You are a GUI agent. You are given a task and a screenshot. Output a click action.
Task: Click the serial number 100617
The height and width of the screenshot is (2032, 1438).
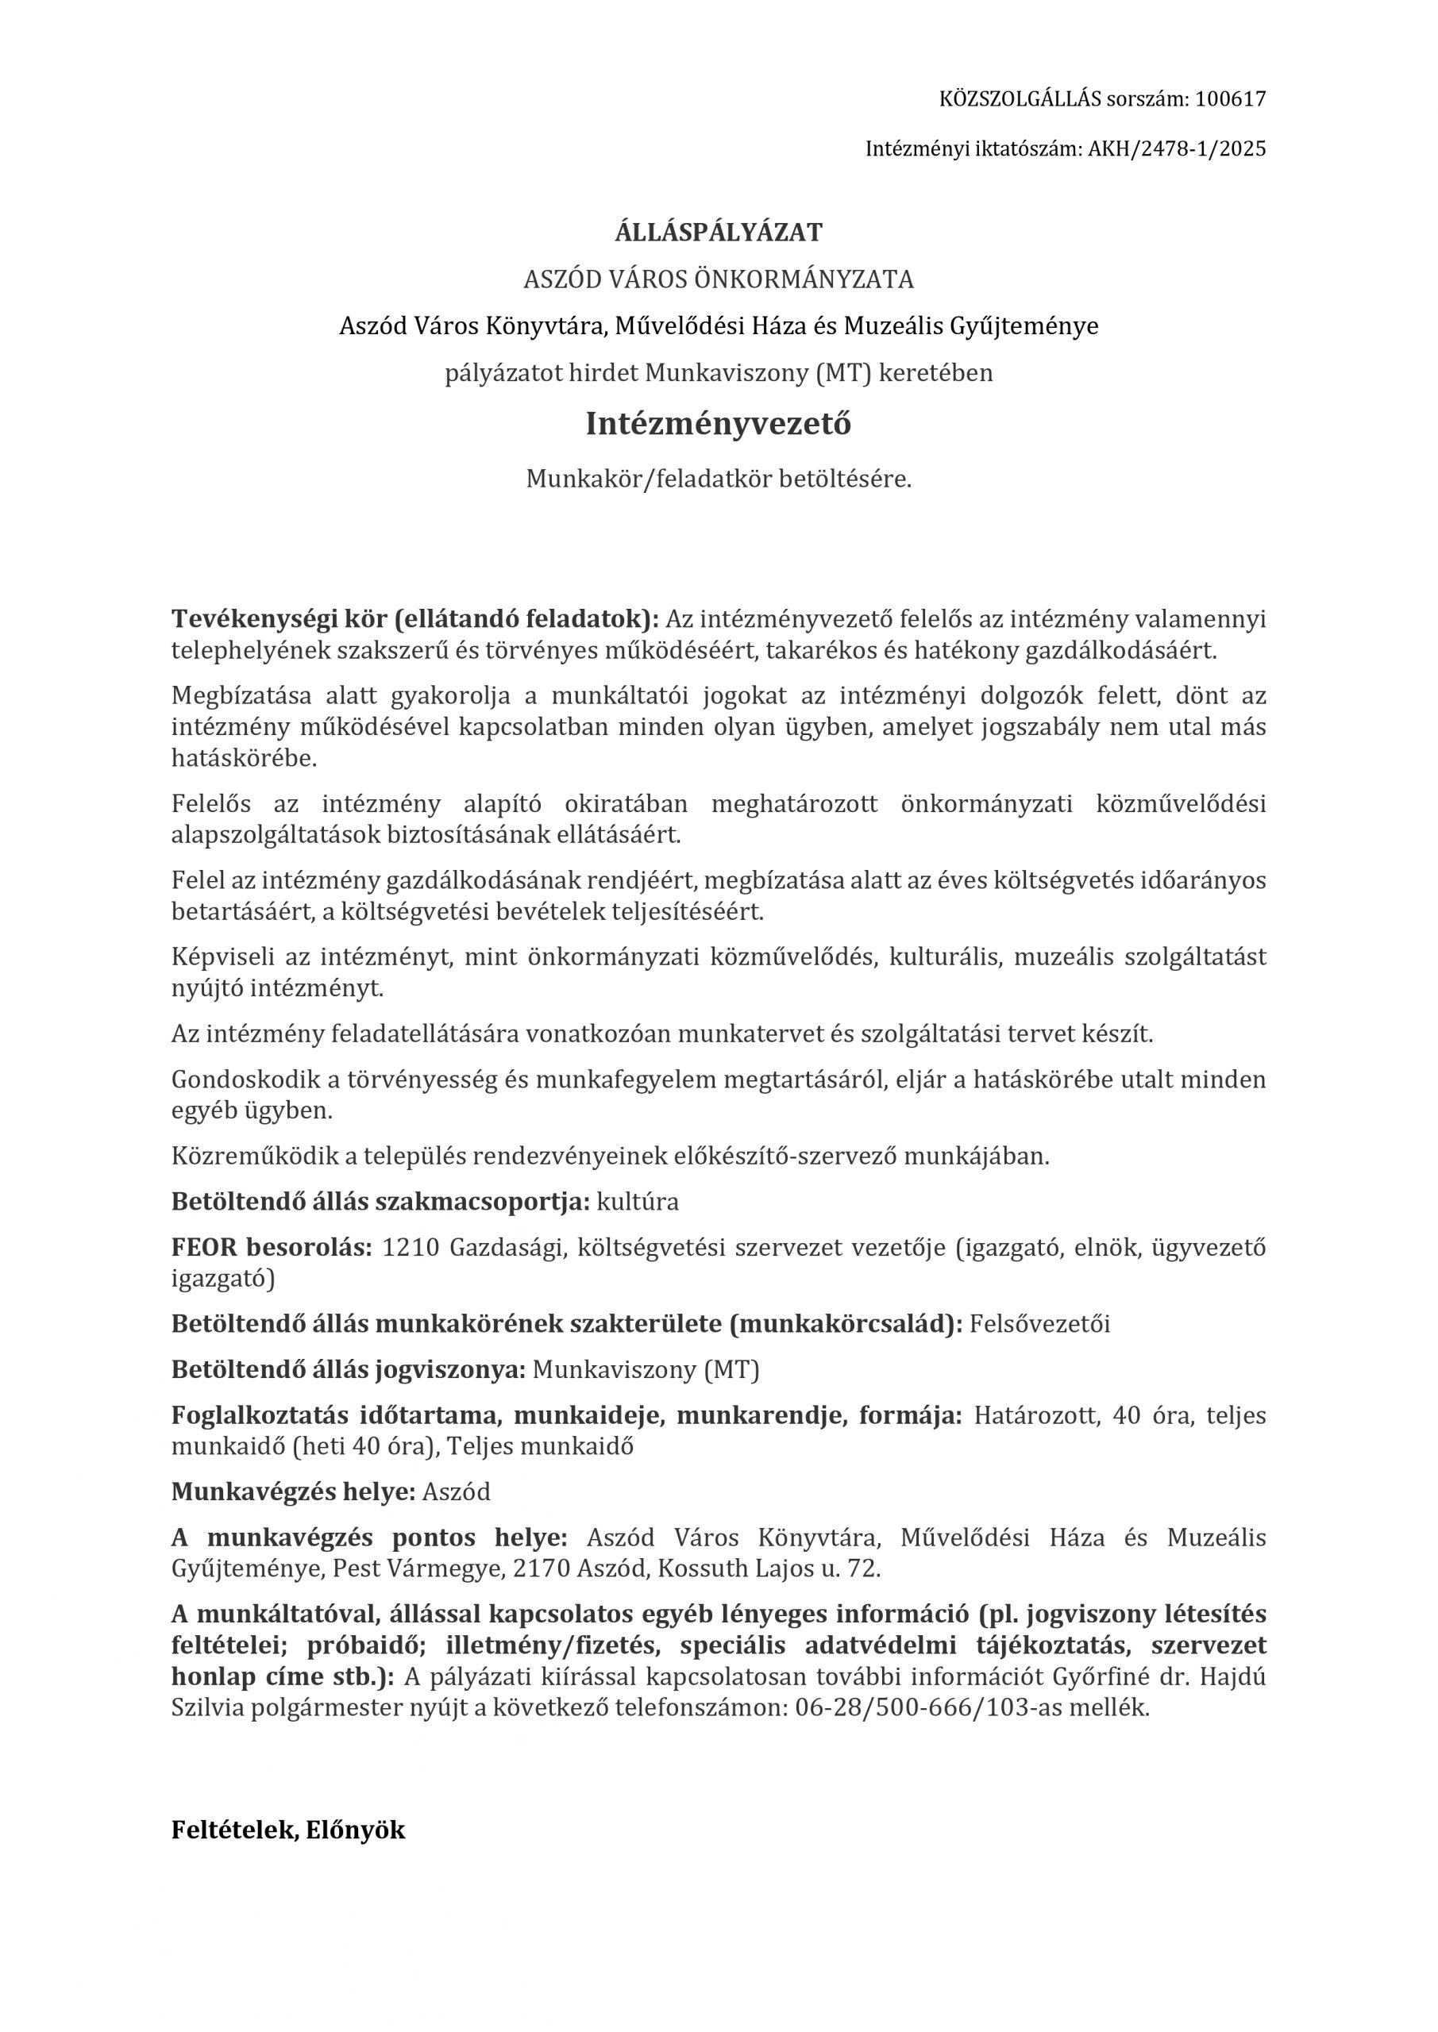click(1230, 99)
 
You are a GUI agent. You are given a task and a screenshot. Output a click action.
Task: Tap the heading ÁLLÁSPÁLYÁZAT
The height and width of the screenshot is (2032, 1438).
click(718, 233)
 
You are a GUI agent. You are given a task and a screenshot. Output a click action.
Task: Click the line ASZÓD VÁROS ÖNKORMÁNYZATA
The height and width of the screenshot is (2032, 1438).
click(718, 279)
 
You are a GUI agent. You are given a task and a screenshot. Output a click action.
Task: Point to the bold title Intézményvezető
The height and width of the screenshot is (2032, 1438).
click(718, 424)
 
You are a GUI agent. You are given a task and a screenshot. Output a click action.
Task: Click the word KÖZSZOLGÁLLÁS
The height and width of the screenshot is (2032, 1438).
click(1020, 99)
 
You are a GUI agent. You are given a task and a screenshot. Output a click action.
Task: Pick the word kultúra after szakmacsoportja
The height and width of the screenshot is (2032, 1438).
click(638, 1202)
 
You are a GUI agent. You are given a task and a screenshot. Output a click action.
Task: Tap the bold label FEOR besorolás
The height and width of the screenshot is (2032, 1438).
click(272, 1248)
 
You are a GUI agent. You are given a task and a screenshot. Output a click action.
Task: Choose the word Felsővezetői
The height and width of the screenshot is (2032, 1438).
click(1039, 1324)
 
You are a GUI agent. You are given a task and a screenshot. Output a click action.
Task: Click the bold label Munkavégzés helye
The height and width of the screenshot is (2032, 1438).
click(293, 1491)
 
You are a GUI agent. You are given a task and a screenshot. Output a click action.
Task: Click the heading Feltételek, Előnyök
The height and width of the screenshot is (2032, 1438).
click(287, 1830)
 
